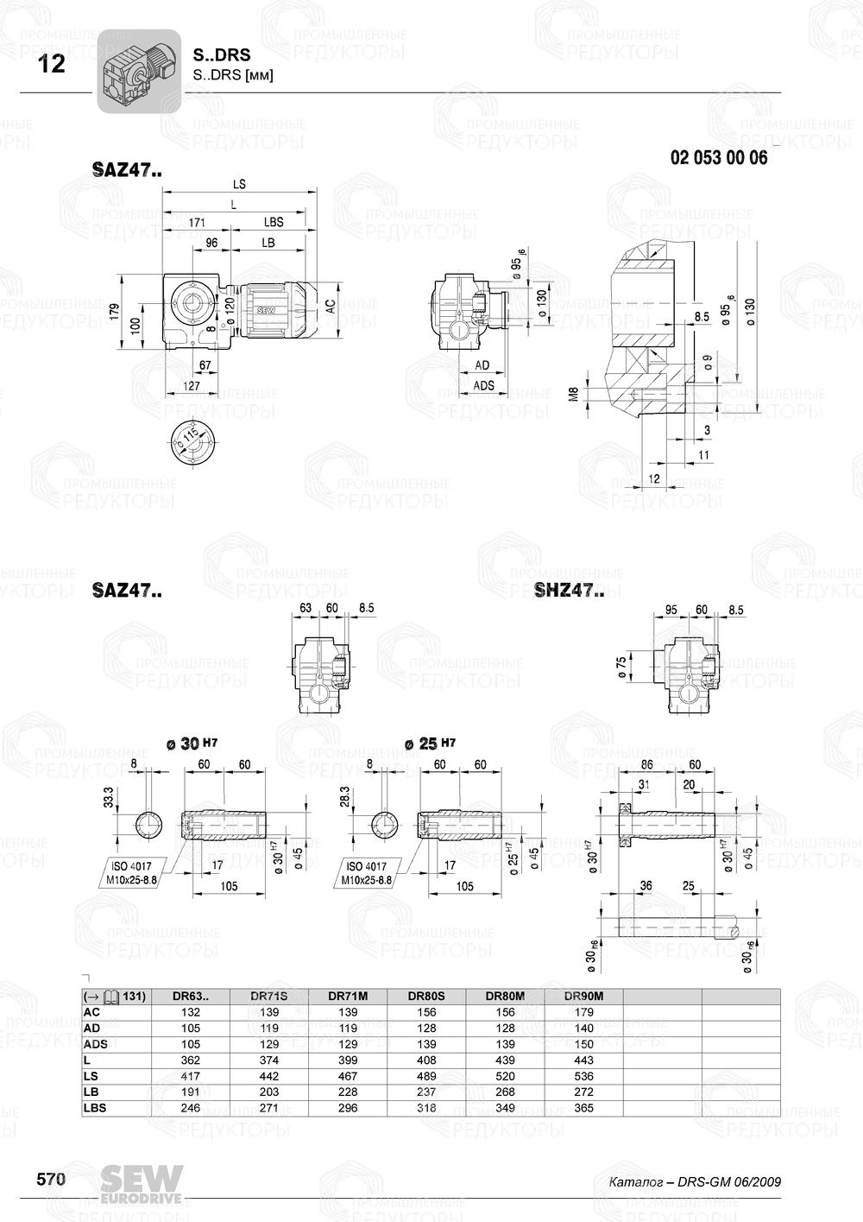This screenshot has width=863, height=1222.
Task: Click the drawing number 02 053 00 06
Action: tap(718, 158)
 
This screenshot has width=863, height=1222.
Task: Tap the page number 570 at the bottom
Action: tap(51, 1180)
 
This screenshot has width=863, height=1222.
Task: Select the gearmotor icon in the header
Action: tap(138, 71)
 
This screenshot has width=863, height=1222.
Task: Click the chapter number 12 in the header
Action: tap(52, 64)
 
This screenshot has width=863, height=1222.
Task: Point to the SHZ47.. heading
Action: tap(569, 591)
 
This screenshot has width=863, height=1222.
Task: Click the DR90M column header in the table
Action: tap(583, 996)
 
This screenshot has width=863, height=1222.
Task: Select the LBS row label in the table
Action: tap(95, 1107)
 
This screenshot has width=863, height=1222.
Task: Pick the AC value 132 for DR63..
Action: tap(191, 1012)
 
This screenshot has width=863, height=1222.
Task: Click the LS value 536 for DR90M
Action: tap(583, 1076)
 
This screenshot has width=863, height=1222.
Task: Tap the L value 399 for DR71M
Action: tap(348, 1060)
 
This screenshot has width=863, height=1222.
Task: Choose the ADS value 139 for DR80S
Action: tap(426, 1044)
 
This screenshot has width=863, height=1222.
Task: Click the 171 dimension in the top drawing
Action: tap(196, 223)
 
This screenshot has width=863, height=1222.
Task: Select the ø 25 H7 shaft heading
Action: tap(429, 744)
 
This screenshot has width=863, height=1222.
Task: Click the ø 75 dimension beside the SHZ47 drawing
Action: tap(622, 666)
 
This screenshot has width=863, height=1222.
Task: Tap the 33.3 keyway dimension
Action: tap(107, 797)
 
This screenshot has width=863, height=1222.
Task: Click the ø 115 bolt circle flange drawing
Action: tap(191, 442)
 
